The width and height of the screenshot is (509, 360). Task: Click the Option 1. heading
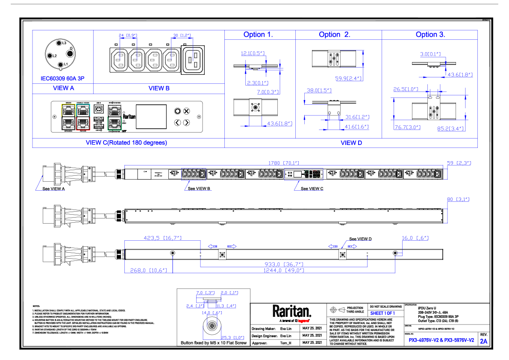(258, 35)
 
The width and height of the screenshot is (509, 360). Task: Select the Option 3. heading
(430, 35)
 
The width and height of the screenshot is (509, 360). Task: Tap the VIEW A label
(63, 89)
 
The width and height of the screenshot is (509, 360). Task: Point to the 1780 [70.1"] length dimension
(283, 163)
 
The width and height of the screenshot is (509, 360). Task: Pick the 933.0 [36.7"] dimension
(284, 264)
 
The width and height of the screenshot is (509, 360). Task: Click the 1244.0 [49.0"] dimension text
(284, 270)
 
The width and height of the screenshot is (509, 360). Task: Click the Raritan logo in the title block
(292, 311)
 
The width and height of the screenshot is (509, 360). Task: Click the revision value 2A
(483, 341)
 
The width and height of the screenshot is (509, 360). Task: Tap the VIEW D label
(351, 143)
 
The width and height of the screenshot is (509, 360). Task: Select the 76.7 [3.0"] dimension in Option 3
(407, 127)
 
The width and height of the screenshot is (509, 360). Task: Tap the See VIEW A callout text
(54, 188)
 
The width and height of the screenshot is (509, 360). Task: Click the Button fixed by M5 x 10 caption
(213, 343)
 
